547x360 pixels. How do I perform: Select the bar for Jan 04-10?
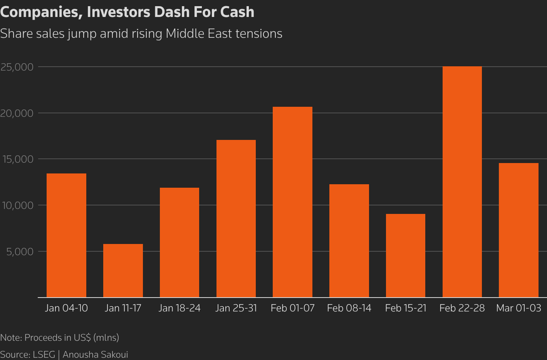[66, 235]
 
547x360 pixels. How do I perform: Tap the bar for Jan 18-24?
[180, 242]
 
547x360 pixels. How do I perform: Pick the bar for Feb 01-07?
[292, 202]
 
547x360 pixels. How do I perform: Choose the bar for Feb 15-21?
[406, 256]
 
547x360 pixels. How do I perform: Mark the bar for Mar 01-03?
[518, 230]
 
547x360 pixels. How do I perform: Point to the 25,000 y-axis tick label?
[17, 67]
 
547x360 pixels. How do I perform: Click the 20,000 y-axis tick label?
[17, 113]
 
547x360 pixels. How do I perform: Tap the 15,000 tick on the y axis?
[17, 159]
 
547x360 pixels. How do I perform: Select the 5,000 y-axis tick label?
[20, 251]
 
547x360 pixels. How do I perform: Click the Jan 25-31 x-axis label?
[236, 308]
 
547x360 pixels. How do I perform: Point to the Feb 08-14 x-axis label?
[349, 308]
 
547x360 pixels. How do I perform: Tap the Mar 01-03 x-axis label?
[518, 308]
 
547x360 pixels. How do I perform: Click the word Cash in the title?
[237, 12]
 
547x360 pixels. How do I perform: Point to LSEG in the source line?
[44, 355]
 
